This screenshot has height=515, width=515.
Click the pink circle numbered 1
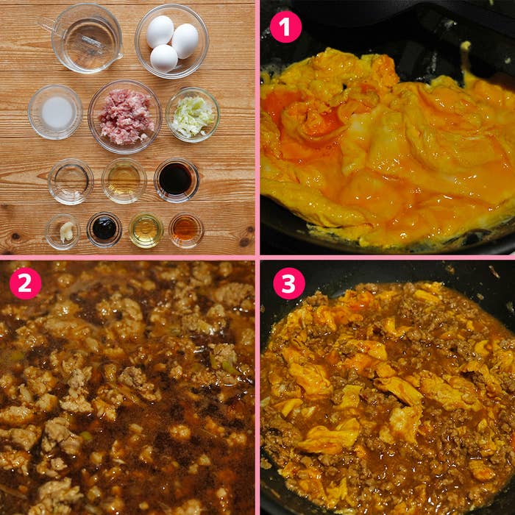pos(285,27)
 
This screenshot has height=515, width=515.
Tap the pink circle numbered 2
pos(25,283)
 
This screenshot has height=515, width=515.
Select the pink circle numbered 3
pos(289,283)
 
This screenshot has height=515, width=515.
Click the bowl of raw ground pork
pos(125,116)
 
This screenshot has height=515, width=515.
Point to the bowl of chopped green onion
pos(193,115)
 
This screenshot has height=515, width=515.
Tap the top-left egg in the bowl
pos(160,32)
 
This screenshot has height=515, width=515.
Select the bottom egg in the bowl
pos(164,58)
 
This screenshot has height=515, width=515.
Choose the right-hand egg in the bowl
pos(185,41)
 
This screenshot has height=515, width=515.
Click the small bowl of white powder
pos(55,112)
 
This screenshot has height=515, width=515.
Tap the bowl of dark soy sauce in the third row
pos(177,180)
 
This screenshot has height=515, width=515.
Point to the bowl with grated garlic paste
pos(63,232)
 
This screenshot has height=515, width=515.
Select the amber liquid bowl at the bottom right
pos(186,230)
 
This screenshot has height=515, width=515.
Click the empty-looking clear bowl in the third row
pos(71,182)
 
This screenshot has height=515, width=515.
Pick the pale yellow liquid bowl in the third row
pos(124,181)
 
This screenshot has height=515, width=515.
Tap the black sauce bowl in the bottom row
pos(104,230)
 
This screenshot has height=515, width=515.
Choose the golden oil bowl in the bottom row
pos(146,230)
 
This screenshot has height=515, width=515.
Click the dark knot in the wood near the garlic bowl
pos(15,236)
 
